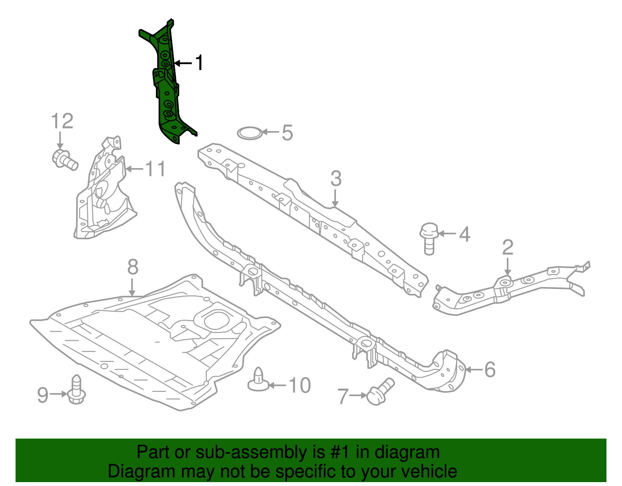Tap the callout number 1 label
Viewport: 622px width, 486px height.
point(199,63)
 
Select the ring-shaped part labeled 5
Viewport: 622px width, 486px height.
point(249,133)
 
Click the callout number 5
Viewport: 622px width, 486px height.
point(287,133)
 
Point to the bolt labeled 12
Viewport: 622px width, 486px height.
point(64,160)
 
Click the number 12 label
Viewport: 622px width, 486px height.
point(62,121)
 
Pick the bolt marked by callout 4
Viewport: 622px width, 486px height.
point(429,238)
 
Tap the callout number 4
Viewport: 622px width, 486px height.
point(465,234)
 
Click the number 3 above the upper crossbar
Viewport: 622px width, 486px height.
point(336,179)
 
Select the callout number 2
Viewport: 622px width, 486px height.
point(508,247)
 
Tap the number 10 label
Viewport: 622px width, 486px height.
point(300,386)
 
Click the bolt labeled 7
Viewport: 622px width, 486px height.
point(380,392)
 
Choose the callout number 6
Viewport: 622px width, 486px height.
point(490,369)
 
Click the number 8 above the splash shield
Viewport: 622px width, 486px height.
point(133,267)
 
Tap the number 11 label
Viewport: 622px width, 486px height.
point(155,169)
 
